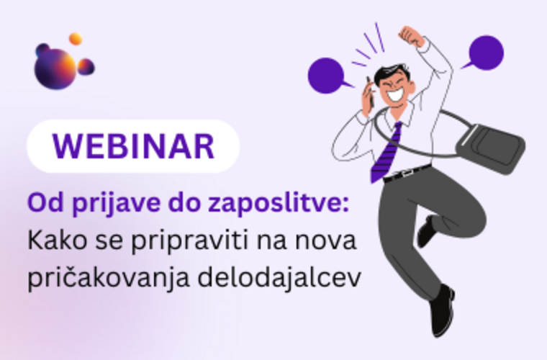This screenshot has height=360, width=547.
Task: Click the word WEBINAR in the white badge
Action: (x=133, y=146)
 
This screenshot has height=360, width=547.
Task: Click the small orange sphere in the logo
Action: (x=75, y=39)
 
